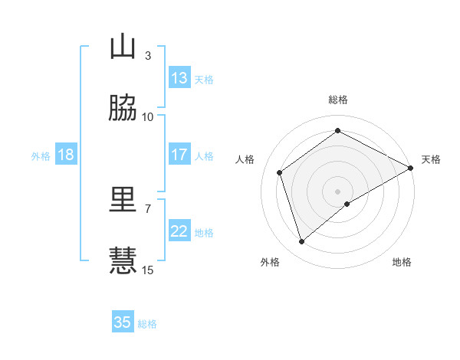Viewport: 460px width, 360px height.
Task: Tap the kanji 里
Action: [x=123, y=200]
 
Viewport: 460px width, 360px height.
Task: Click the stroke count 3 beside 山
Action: [x=147, y=56]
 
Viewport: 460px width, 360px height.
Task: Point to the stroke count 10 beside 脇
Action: [x=148, y=117]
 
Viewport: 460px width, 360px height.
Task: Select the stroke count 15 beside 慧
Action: [x=148, y=270]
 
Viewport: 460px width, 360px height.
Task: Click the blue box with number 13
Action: [x=179, y=78]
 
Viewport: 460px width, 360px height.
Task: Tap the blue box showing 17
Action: [x=179, y=155]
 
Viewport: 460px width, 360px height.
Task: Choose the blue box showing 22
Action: [x=179, y=231]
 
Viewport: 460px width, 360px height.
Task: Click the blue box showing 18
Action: [x=66, y=155]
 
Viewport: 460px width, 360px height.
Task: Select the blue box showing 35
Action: [x=123, y=322]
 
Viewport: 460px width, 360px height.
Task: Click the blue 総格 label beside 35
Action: [x=147, y=324]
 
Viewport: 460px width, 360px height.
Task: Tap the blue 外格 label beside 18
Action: [x=41, y=156]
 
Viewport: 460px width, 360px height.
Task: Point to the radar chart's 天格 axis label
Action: [x=431, y=159]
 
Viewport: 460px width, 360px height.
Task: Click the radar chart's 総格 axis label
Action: [x=338, y=100]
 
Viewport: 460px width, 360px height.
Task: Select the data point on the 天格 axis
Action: [x=412, y=168]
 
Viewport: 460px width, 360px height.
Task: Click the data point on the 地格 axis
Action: [x=347, y=204]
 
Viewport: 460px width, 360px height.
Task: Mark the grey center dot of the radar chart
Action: [x=338, y=191]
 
